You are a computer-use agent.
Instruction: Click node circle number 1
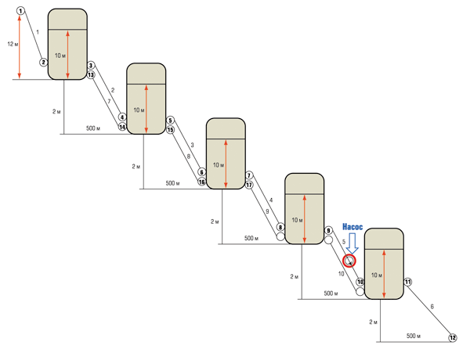tap(20, 11)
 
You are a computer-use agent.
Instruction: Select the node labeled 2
tap(44, 63)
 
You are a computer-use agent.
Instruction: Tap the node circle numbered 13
tap(91, 74)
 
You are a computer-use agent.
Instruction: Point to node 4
tap(122, 117)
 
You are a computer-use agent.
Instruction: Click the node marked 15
tap(170, 130)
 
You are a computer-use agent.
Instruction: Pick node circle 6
tap(202, 172)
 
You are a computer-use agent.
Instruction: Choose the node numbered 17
tap(249, 185)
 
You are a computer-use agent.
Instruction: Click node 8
tap(280, 227)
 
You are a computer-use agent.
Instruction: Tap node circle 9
tap(328, 230)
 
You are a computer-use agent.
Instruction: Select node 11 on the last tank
tap(407, 282)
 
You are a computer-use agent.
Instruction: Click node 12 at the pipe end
tap(453, 338)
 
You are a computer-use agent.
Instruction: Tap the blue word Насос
tap(352, 227)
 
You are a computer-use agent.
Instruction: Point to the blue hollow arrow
tap(352, 244)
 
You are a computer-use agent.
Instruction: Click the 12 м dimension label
tap(13, 45)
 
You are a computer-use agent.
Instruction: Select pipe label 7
tap(109, 101)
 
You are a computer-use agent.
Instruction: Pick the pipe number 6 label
tap(432, 306)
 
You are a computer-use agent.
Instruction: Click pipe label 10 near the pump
tap(341, 274)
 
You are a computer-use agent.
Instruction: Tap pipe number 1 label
tap(38, 32)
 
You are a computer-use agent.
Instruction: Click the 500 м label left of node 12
tap(414, 336)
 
